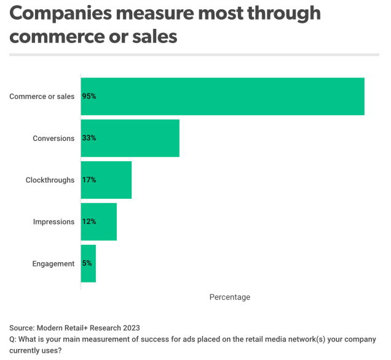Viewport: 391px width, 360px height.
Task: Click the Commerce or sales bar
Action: tap(223, 97)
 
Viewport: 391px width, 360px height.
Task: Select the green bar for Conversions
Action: tap(130, 138)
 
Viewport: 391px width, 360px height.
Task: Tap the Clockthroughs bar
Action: tap(106, 180)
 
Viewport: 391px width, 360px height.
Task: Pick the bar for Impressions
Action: tap(99, 222)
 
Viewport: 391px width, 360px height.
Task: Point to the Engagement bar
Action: tap(89, 263)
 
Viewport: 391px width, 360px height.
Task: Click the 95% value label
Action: tap(89, 96)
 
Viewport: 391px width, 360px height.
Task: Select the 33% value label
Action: tap(89, 138)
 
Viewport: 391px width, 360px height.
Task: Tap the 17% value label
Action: tap(89, 180)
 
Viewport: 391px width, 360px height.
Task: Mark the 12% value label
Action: tap(89, 222)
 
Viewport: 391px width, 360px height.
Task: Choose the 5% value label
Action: tap(87, 263)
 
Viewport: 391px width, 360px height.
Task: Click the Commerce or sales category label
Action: tap(42, 97)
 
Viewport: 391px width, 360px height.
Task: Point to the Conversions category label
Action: tap(53, 138)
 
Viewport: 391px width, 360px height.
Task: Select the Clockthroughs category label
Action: tap(50, 180)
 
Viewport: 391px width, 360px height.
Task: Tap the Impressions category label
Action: tap(54, 222)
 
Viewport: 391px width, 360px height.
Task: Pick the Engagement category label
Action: tap(53, 263)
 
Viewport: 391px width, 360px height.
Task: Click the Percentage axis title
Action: tap(230, 297)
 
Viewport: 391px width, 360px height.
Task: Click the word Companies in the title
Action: tap(61, 14)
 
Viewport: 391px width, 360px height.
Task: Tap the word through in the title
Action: tap(284, 14)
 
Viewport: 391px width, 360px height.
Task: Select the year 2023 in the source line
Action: tap(132, 328)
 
